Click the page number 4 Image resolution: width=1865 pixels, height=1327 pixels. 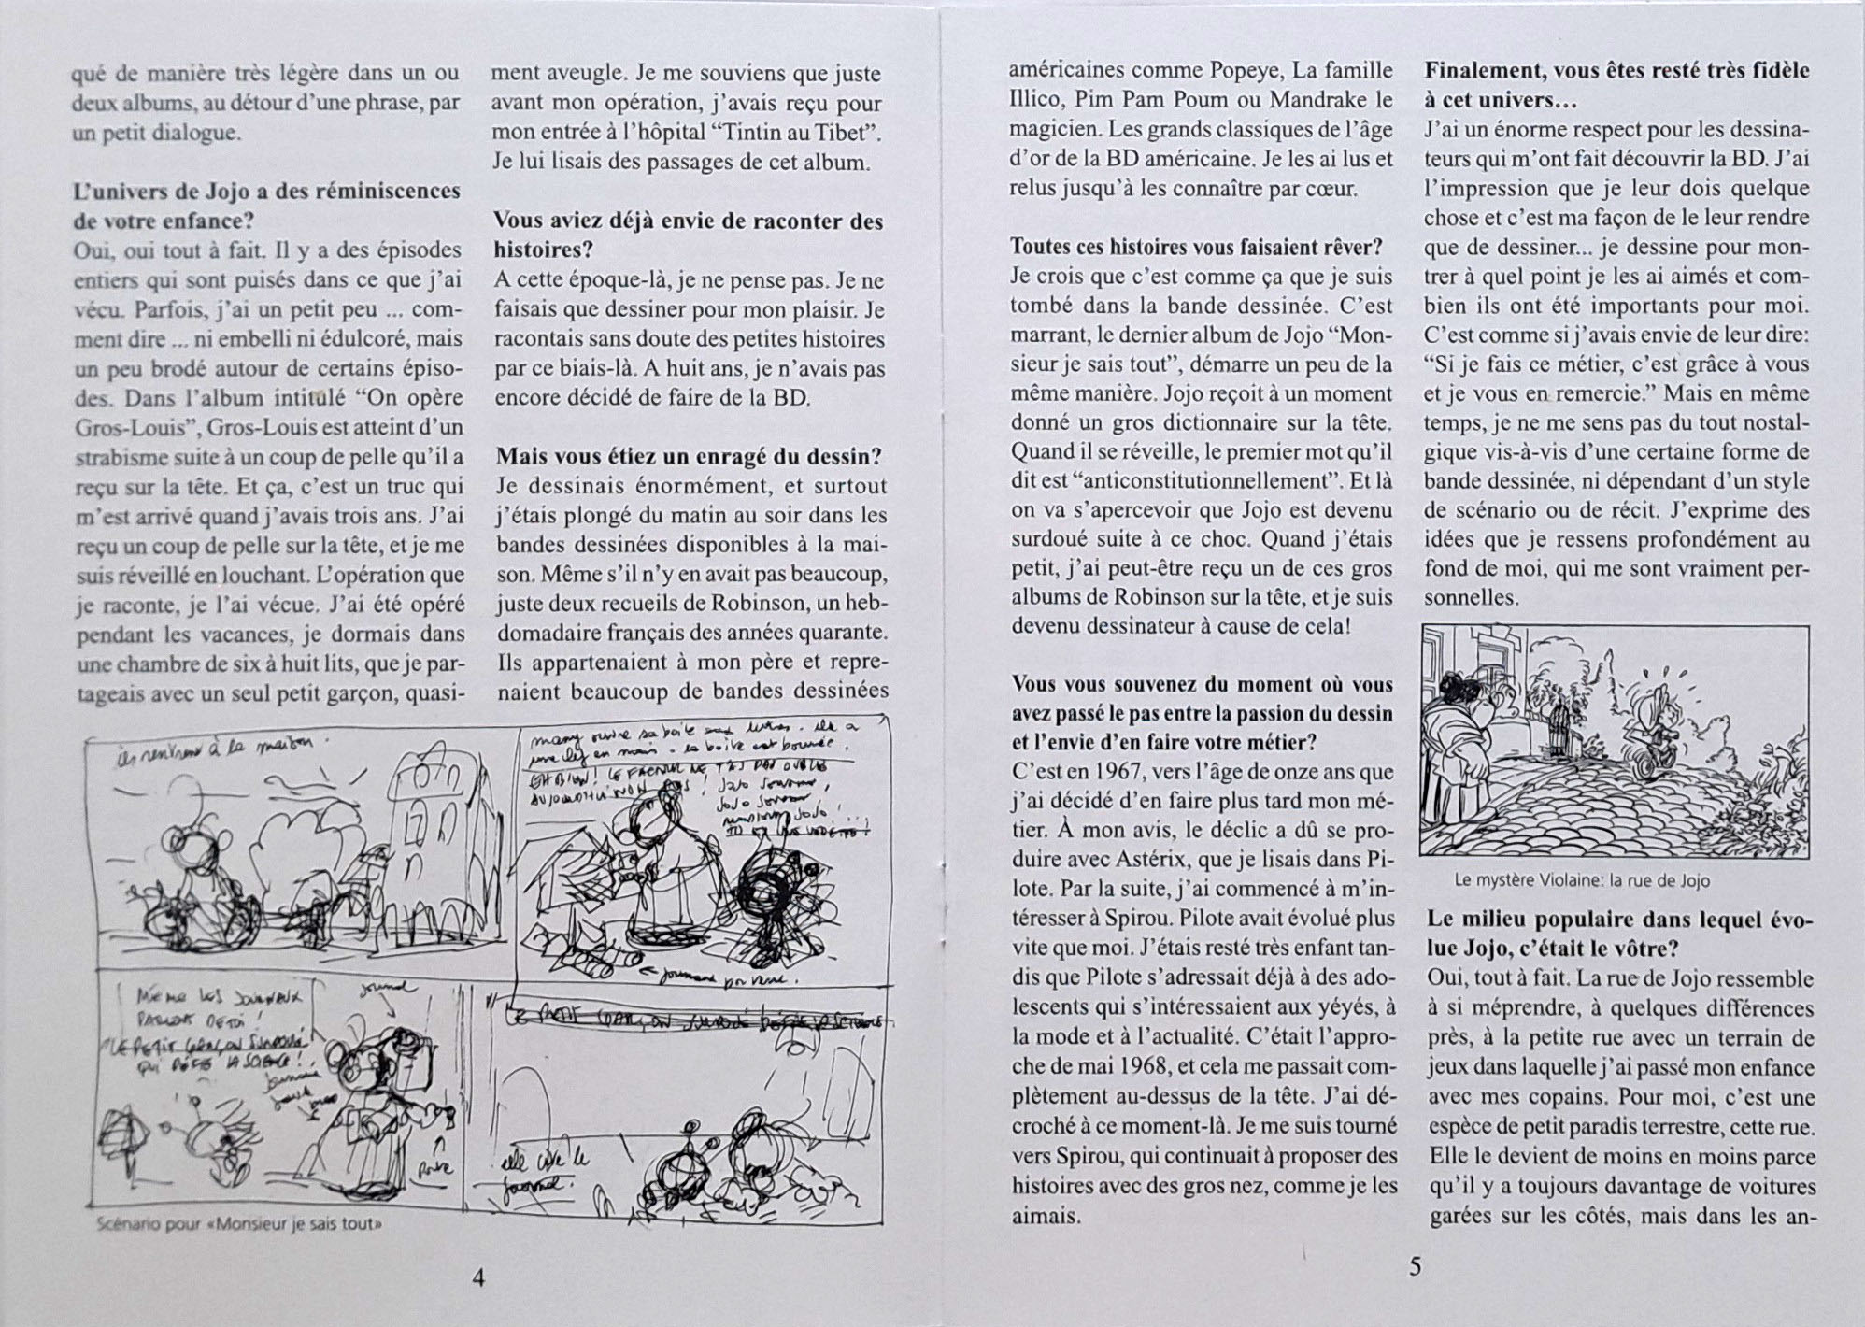point(479,1278)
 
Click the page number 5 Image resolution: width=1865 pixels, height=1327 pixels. point(1414,1267)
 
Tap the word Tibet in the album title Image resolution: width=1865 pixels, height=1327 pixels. point(850,132)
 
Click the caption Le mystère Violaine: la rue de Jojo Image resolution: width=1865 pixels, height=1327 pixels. point(1582,880)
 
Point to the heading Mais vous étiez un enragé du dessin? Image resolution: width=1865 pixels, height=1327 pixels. point(689,457)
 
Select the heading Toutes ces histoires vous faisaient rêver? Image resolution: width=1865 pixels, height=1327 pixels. point(1196,248)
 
